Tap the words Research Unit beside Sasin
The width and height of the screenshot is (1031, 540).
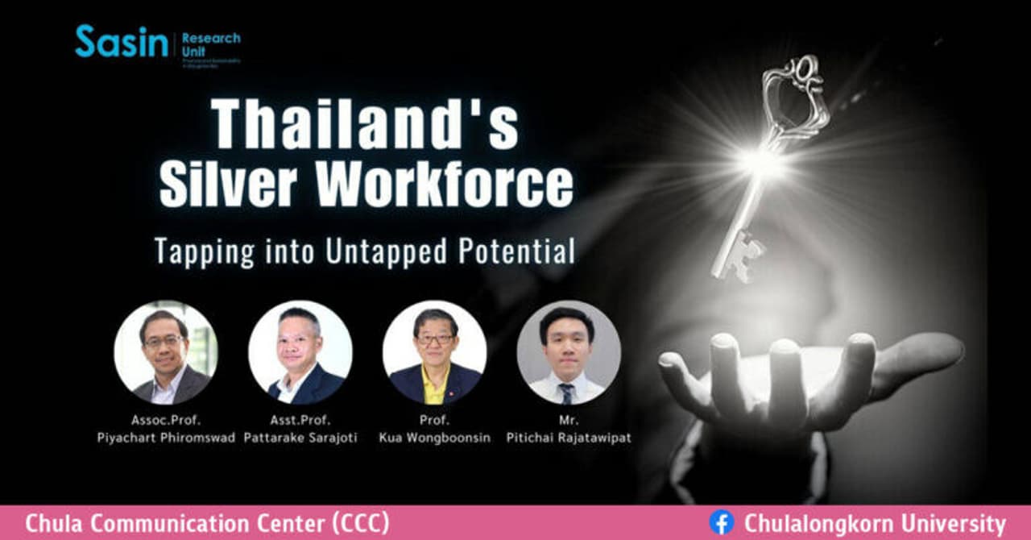[211, 44]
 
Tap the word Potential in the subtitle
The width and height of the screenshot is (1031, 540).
[517, 251]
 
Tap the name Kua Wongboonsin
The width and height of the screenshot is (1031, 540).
[434, 438]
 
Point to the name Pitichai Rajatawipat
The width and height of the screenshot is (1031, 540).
[569, 438]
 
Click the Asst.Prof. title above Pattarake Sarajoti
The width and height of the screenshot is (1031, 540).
[300, 420]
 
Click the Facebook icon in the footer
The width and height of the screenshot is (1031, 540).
[721, 523]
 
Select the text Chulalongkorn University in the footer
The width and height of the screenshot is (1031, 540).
[875, 523]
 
